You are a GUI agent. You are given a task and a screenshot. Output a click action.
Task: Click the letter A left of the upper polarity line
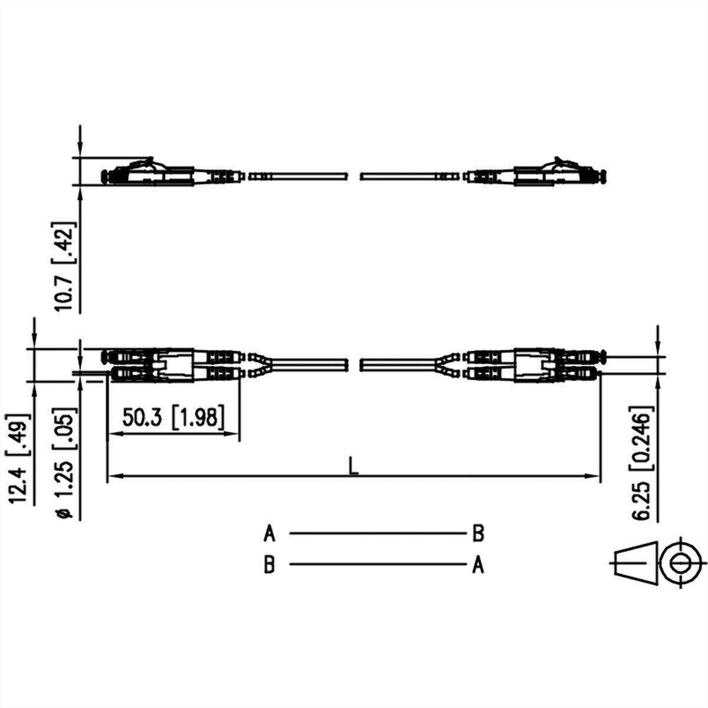coord(269,533)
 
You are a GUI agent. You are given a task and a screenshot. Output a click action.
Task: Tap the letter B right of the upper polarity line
coord(478,533)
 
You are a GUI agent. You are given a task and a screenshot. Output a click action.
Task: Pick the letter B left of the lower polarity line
coord(269,564)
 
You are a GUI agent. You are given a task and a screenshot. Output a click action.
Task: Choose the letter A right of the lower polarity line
coord(478,564)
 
